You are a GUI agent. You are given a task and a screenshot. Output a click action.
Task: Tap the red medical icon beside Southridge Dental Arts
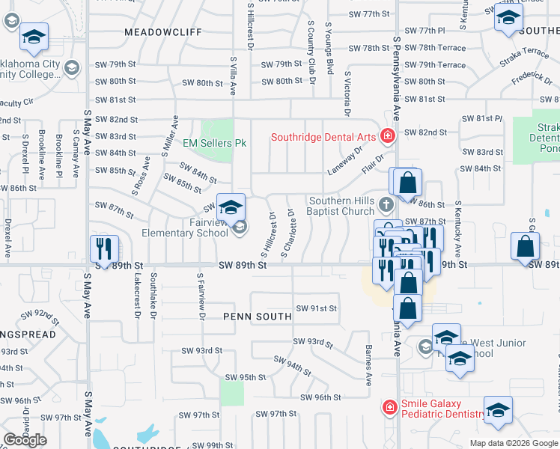pos(387,136)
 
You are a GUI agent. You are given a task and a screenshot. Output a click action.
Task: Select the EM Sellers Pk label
pos(215,142)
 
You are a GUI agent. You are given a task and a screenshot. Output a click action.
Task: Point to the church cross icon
pos(386,204)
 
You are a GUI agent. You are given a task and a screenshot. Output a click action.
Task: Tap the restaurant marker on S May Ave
pos(104,248)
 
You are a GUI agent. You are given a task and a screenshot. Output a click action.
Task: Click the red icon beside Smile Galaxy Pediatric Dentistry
pos(389,407)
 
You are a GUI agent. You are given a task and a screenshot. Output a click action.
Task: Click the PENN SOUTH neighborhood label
pos(257,317)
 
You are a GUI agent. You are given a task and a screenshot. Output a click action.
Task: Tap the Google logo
pos(25,440)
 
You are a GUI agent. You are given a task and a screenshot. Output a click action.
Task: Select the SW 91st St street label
pos(316,308)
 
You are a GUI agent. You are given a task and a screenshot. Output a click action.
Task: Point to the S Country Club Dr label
pos(310,47)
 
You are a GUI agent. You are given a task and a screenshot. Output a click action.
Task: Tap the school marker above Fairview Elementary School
pos(231,207)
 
